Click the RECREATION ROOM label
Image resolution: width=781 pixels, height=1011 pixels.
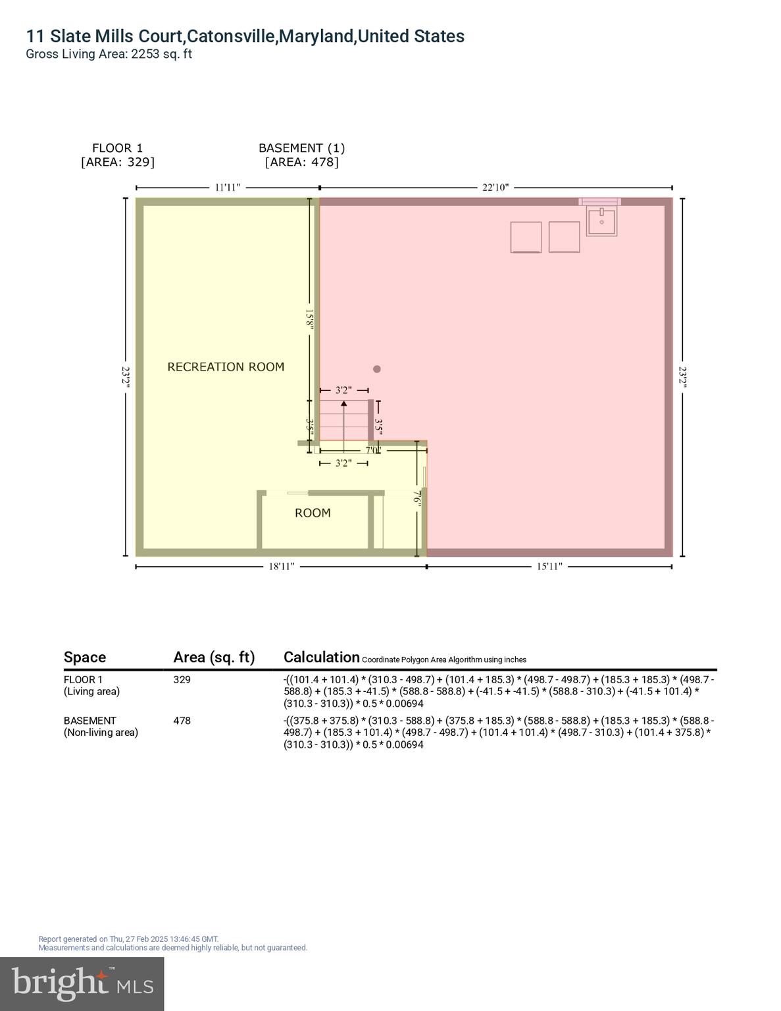tap(226, 367)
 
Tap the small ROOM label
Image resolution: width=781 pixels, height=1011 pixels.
tap(313, 513)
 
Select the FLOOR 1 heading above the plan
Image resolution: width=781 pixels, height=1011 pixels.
tap(117, 148)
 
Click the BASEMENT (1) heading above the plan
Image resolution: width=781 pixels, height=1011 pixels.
tap(301, 148)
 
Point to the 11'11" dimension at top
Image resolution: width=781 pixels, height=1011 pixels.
tap(228, 188)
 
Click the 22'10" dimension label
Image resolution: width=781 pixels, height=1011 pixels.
tap(495, 188)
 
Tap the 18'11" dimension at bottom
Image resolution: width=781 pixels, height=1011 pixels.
tap(281, 567)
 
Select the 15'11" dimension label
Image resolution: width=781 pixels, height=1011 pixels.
tap(549, 567)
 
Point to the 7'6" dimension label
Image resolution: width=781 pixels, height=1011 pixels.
tap(416, 497)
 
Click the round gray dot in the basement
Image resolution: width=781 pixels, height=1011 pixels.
tap(377, 369)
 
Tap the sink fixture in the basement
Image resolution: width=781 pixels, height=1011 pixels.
tap(601, 222)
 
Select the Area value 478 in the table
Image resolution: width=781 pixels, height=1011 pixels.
tap(182, 721)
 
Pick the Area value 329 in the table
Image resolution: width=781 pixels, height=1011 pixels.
tap(182, 679)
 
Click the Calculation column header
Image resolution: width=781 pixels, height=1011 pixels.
tap(321, 657)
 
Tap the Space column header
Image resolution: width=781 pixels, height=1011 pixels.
tap(85, 657)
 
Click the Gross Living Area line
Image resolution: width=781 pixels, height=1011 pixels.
tap(109, 54)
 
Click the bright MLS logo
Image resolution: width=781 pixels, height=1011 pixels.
tap(82, 983)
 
